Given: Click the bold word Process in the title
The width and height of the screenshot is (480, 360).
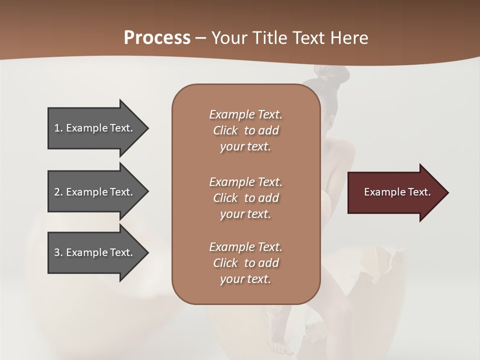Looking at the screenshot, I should pyautogui.click(x=157, y=38).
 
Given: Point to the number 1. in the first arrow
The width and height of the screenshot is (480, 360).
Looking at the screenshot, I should pyautogui.click(x=58, y=128).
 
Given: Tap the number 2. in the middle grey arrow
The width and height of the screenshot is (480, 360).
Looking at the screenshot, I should pyautogui.click(x=58, y=192).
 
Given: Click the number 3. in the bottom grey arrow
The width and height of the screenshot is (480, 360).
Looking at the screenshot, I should pyautogui.click(x=58, y=252).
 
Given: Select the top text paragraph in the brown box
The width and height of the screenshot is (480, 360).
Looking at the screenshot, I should pyautogui.click(x=245, y=130).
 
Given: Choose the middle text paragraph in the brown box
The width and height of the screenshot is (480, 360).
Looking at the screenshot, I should pyautogui.click(x=245, y=198).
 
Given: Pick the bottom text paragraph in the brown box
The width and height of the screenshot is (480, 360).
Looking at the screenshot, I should pyautogui.click(x=245, y=263).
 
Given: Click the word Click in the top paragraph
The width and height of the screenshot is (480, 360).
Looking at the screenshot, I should pyautogui.click(x=225, y=130).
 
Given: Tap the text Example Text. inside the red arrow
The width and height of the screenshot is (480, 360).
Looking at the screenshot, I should pyautogui.click(x=397, y=192).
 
